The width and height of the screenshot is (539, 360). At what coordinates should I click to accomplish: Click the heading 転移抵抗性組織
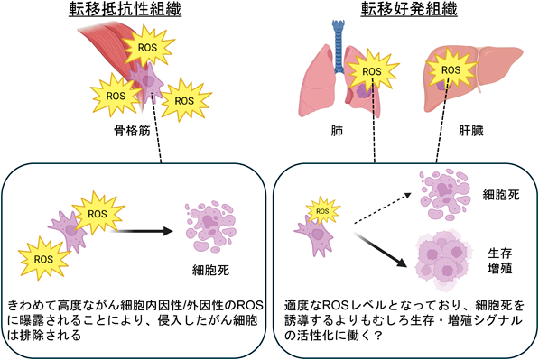click(x=125, y=9)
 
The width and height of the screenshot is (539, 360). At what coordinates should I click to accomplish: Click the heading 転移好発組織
click(x=409, y=9)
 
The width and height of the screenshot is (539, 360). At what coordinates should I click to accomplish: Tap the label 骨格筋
click(x=133, y=131)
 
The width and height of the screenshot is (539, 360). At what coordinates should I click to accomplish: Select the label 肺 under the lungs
click(x=337, y=131)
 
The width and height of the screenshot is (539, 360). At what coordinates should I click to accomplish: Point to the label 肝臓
click(x=471, y=131)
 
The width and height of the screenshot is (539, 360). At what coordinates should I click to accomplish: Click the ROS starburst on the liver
click(x=451, y=70)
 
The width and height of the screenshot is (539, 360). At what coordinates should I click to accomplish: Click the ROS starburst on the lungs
click(x=372, y=71)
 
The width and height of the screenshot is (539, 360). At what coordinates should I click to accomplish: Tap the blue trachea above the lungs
click(x=339, y=46)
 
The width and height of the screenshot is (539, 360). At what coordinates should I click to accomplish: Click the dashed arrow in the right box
click(x=383, y=208)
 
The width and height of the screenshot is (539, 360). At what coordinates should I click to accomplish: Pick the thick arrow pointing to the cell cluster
click(x=381, y=250)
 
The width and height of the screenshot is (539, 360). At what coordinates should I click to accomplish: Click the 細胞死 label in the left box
click(x=210, y=271)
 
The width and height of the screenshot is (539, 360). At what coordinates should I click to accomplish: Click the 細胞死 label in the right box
click(x=501, y=195)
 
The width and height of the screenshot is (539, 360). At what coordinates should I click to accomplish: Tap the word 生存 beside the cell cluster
click(x=500, y=254)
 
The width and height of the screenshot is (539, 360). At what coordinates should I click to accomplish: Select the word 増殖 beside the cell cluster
click(x=500, y=268)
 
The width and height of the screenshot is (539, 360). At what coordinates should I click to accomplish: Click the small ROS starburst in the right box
click(x=322, y=211)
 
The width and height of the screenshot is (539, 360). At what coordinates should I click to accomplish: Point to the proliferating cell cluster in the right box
click(x=442, y=260)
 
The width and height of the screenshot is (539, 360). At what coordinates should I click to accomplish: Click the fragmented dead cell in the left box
click(x=210, y=226)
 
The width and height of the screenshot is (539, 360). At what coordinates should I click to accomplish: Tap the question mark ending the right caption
click(x=378, y=336)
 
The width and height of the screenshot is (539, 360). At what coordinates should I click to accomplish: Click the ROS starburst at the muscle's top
click(x=147, y=47)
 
